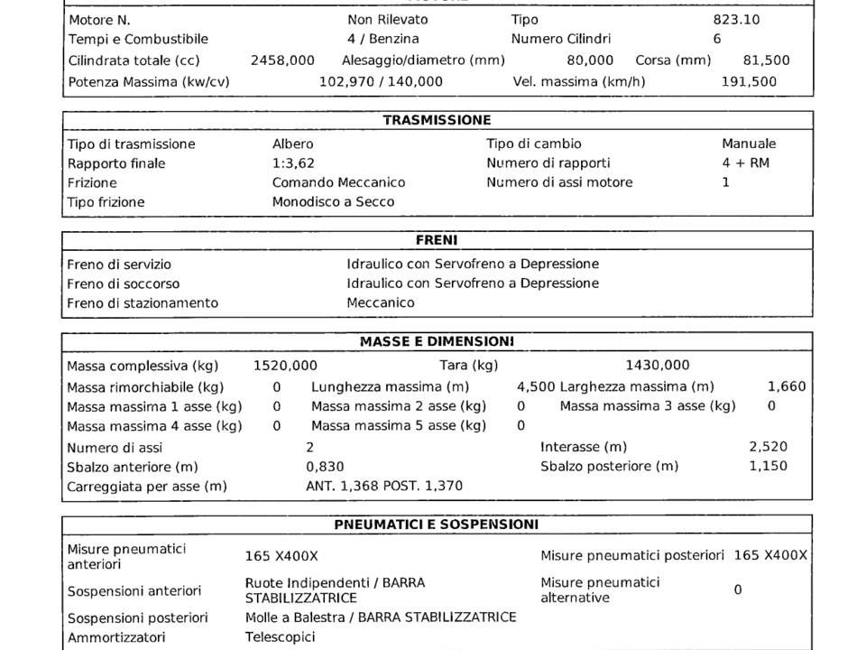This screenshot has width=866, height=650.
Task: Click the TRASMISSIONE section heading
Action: point(437,120)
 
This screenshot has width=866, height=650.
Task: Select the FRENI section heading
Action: point(437,241)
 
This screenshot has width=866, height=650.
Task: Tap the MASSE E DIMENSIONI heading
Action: point(437,342)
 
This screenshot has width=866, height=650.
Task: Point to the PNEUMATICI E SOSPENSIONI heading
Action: point(437,525)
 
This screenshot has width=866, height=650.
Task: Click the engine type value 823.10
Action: point(736,19)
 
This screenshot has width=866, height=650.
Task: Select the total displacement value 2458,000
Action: point(282,60)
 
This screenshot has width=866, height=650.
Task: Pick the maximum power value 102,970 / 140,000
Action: point(382,81)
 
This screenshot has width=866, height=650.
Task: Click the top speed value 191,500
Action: point(749,81)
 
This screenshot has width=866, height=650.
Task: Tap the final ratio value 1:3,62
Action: point(293,163)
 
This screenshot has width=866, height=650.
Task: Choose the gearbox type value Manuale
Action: point(749,144)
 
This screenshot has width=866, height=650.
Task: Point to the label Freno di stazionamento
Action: point(143,303)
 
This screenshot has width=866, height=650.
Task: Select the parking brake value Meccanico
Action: point(381,303)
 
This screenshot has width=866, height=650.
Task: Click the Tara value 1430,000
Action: point(658,366)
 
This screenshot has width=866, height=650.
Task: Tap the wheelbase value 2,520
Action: point(768,447)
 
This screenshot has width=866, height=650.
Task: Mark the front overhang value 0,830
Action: point(326,467)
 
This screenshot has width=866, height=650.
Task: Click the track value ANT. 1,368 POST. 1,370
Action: point(384,487)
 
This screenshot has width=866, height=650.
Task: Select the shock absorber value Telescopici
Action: point(281,637)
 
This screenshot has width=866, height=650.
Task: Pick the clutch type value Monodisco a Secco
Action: point(334,202)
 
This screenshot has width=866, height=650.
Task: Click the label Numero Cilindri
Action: point(561,39)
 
